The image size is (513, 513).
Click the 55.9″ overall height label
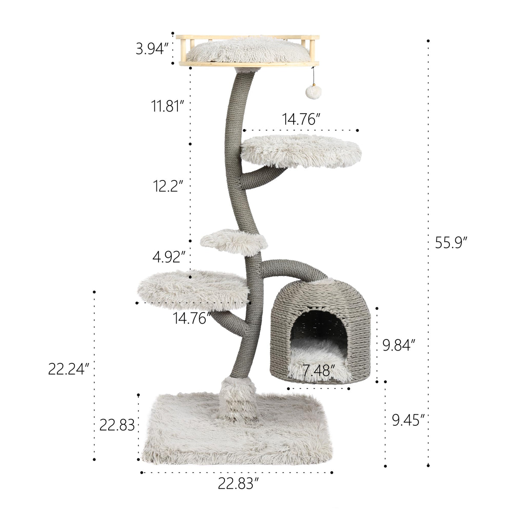coord(451,242)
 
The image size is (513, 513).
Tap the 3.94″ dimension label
coord(152,49)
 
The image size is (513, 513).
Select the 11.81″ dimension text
coord(168,106)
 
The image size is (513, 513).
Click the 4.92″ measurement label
coord(168,257)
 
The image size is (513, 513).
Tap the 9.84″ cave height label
coord(399,345)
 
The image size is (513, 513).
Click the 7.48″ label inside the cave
coord(318,370)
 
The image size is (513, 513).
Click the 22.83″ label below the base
coord(239,490)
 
